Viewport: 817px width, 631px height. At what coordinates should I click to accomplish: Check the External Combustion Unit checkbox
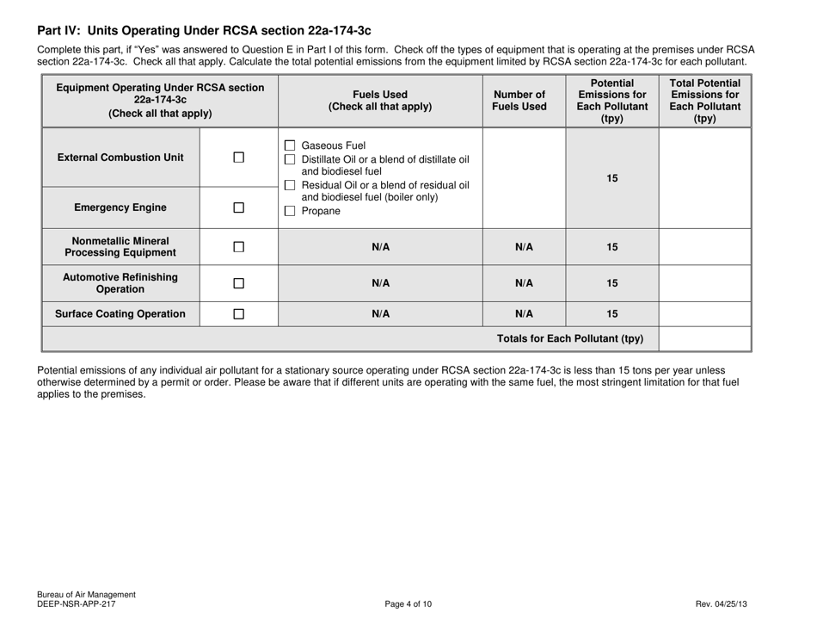point(238,157)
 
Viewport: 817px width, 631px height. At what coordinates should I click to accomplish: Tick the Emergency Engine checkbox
point(238,207)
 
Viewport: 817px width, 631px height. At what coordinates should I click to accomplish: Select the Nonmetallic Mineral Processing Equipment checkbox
point(238,247)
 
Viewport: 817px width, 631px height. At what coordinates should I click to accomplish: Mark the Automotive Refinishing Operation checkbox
point(238,284)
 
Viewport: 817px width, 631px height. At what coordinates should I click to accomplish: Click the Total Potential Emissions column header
point(704,96)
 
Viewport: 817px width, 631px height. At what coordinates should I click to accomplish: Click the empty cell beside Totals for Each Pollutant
point(704,338)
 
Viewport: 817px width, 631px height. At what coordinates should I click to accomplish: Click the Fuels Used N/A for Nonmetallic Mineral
point(381,247)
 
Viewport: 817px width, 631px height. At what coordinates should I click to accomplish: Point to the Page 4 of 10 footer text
point(408,604)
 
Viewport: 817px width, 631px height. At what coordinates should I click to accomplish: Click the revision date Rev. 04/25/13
point(721,604)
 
